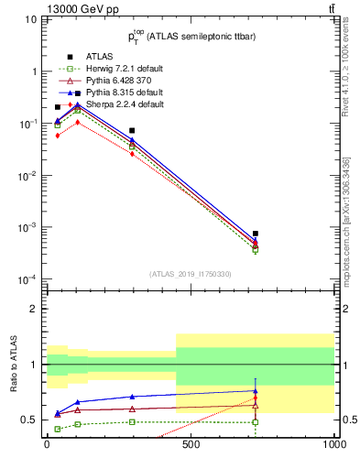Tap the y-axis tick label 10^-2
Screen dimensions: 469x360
27,175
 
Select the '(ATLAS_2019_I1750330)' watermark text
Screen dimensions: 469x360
191,274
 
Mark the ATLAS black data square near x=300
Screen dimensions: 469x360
132,130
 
